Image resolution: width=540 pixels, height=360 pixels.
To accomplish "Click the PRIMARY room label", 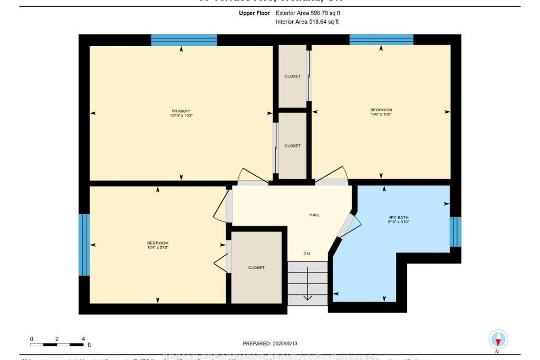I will (x=181, y=111).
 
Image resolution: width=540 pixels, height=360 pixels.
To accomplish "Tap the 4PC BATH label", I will (x=398, y=217).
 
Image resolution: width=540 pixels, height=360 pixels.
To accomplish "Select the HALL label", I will (x=314, y=215).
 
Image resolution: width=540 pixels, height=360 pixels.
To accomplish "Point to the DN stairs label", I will (x=306, y=254).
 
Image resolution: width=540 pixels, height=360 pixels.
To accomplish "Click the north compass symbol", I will (x=498, y=339).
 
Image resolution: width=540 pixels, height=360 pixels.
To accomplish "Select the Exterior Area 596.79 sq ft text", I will (x=308, y=13).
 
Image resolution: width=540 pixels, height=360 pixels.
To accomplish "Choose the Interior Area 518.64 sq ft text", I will (x=307, y=22).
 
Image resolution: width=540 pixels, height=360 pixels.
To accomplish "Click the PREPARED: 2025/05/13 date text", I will (x=270, y=343).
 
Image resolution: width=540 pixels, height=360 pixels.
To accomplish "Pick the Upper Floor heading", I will (x=254, y=13).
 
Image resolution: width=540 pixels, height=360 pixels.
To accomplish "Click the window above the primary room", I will (x=184, y=40).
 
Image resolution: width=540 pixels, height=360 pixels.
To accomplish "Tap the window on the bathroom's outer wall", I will (x=455, y=232).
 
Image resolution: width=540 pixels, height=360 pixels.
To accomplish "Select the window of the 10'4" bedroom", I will (x=84, y=245).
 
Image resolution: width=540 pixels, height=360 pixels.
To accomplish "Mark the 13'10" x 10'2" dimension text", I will (x=181, y=116).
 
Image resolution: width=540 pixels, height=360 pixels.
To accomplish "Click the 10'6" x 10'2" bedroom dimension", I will (x=381, y=114).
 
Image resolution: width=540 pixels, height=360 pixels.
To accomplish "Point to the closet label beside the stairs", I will (x=256, y=267).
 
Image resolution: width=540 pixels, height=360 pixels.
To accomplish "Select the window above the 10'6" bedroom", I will (x=381, y=40).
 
